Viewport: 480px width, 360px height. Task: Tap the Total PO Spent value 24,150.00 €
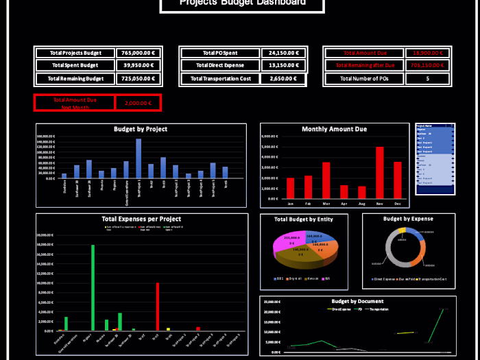[283, 53]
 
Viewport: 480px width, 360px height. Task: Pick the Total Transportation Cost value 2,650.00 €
[283, 79]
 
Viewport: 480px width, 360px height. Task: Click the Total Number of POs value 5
[427, 79]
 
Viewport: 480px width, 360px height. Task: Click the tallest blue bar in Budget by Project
[139, 158]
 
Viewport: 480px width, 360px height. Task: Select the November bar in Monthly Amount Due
[379, 172]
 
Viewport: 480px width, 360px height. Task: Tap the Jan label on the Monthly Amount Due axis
[290, 204]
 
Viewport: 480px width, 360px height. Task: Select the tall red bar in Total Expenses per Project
[157, 306]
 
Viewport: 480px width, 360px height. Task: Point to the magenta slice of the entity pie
[283, 245]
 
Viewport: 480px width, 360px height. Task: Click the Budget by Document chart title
[357, 301]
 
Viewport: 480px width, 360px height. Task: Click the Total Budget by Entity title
[304, 219]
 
